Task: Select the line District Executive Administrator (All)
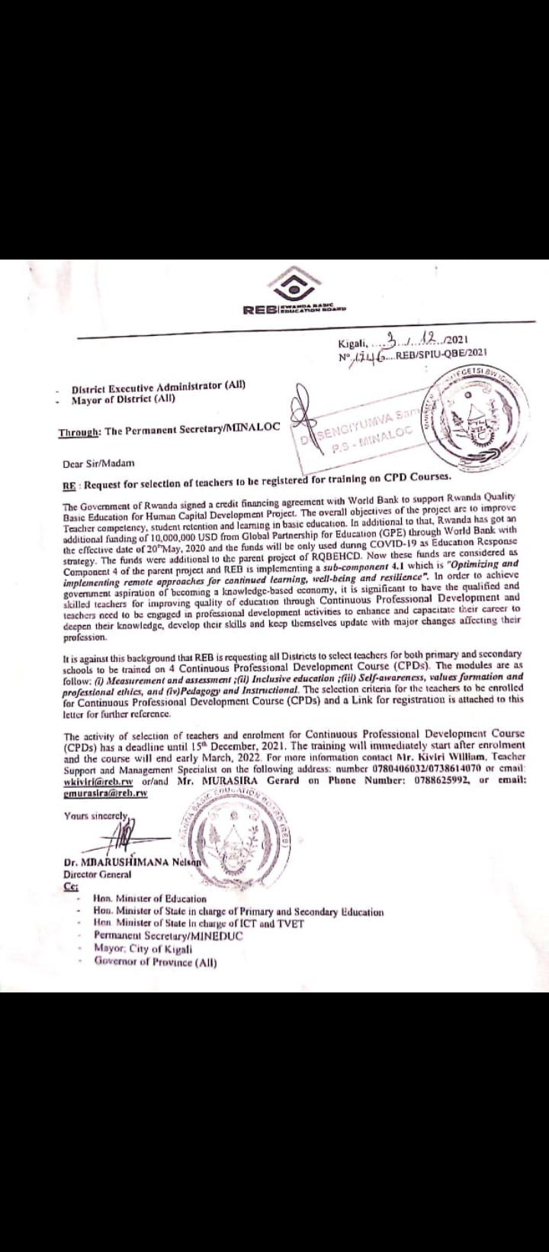coord(159,387)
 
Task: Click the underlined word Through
coord(79,432)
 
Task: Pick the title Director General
coord(97,875)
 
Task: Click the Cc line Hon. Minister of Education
coord(149,899)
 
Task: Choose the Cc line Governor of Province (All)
coord(156,961)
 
